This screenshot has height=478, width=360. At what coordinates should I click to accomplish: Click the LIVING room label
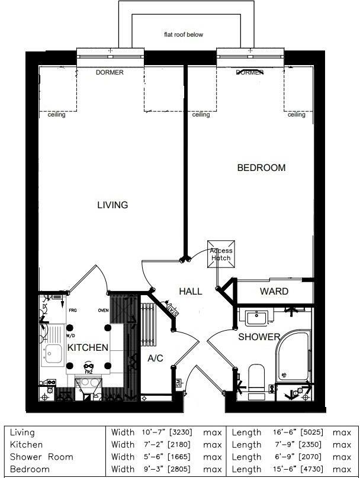coord(112,205)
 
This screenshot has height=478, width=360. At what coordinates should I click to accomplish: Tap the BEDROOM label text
coord(261,168)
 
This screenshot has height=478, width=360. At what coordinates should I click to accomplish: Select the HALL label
coord(190,292)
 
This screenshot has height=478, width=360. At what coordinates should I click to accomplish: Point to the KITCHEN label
coord(87,347)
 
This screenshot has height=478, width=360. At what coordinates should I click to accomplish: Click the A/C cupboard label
coord(155,358)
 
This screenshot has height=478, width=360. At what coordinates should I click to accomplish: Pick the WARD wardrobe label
coord(274,292)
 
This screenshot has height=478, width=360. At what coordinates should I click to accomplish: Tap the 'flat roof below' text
coord(184,35)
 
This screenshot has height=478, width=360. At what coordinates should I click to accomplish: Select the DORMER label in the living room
coord(110,73)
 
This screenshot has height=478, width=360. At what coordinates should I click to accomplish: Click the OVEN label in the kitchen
coord(104,310)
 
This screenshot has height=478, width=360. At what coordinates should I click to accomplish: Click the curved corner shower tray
coord(294,355)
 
